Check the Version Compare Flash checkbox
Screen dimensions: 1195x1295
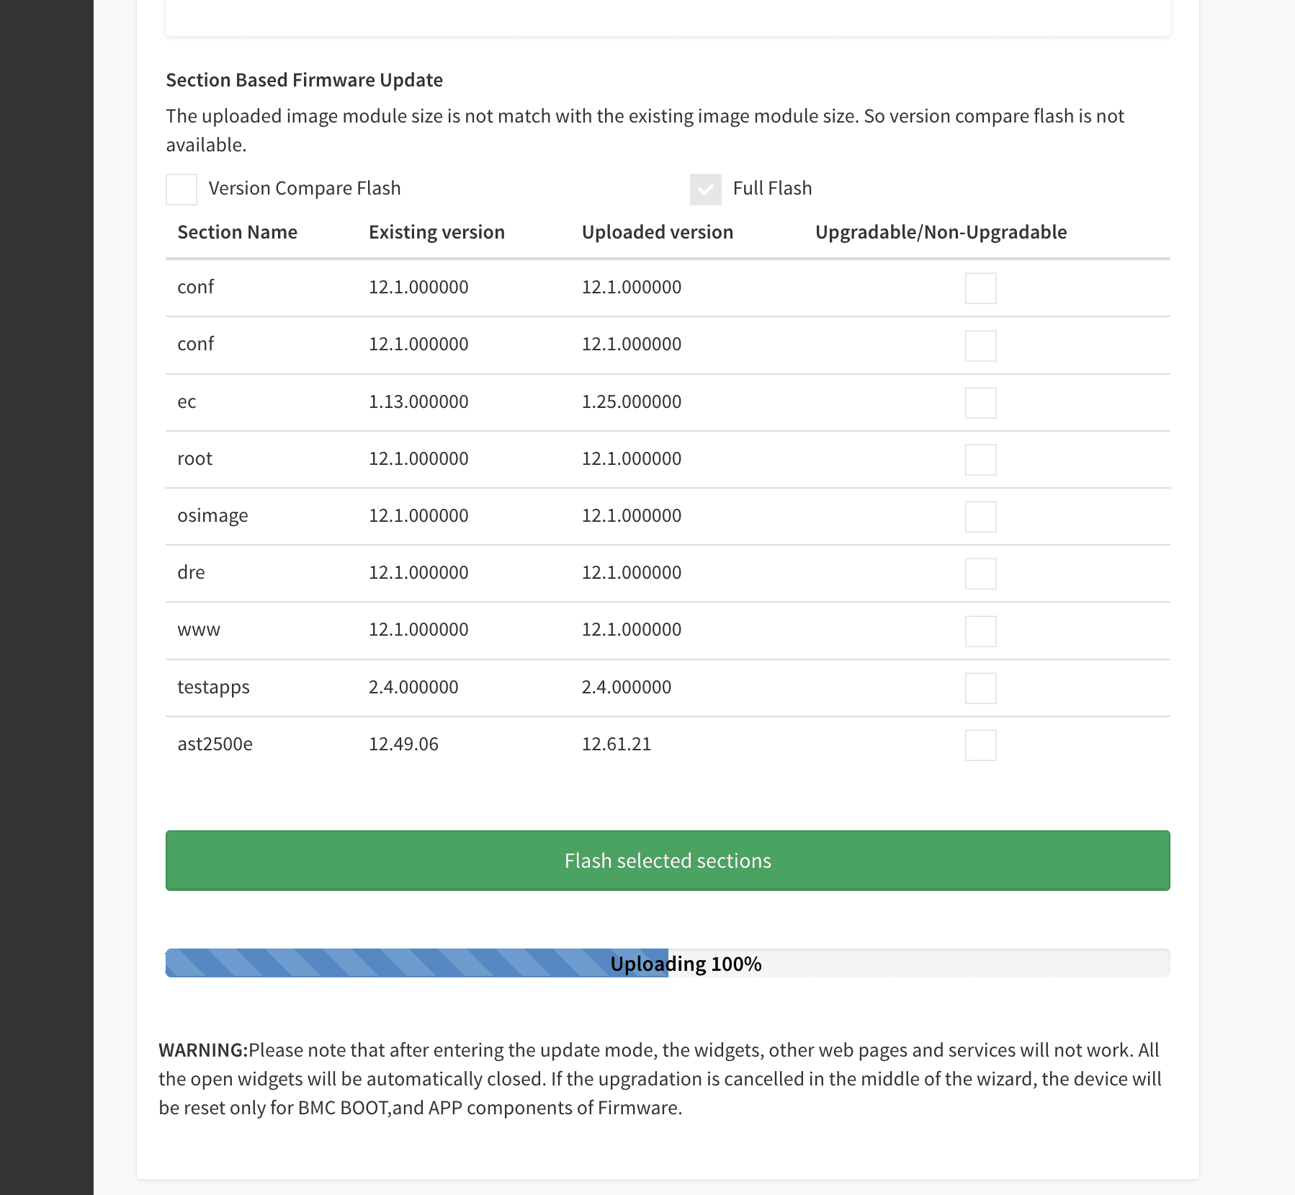(x=182, y=190)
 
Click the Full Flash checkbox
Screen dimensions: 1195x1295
(x=705, y=190)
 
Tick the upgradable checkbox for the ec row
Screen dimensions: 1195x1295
(x=980, y=403)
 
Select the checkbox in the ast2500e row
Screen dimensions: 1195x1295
(x=980, y=745)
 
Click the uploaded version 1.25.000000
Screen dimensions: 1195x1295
(x=631, y=401)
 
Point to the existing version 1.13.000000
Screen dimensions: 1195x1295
(x=418, y=401)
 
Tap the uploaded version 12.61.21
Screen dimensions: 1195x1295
(x=616, y=744)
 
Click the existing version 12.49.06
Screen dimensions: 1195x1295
(x=403, y=744)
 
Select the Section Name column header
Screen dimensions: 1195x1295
(x=237, y=232)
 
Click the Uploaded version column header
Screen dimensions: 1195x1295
(x=657, y=232)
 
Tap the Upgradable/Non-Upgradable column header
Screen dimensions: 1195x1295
(x=941, y=232)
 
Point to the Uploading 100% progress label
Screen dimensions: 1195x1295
(x=686, y=964)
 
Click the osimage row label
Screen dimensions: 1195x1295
(x=212, y=516)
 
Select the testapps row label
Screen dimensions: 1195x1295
(x=213, y=687)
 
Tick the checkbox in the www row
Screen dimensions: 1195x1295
(x=980, y=631)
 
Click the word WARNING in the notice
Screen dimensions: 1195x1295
(x=202, y=1050)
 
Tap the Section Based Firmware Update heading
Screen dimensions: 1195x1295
(x=304, y=80)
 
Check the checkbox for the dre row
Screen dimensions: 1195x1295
(x=980, y=574)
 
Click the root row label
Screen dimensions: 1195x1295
(x=194, y=459)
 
